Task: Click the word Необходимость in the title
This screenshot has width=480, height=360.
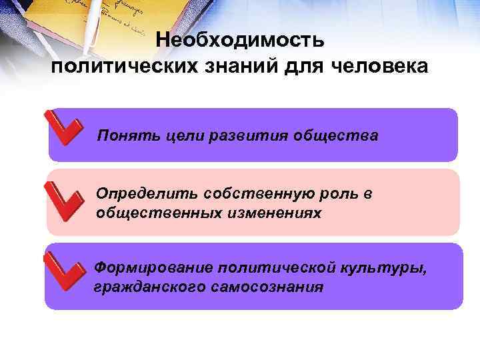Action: (240, 41)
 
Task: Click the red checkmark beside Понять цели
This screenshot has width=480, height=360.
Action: (63, 127)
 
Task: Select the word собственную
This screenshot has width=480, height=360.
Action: (244, 194)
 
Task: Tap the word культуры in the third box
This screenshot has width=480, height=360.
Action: (377, 268)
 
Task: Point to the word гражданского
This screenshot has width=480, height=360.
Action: (144, 287)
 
